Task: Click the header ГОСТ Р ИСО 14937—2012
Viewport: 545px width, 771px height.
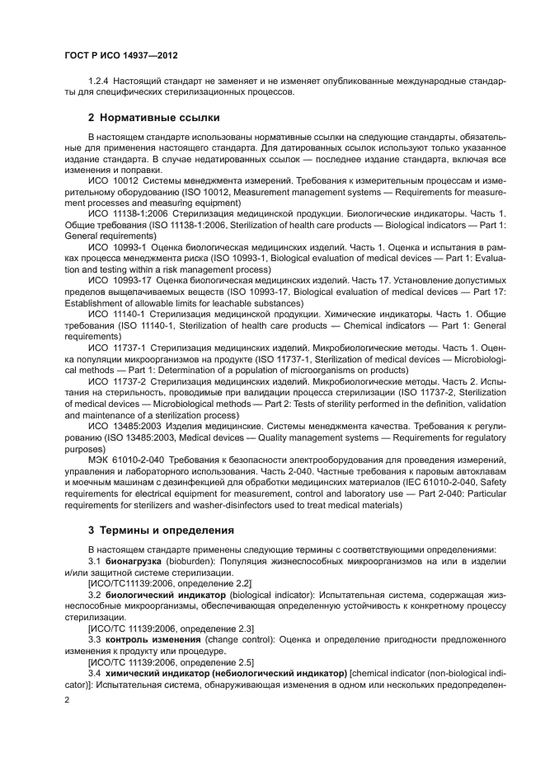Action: (121, 56)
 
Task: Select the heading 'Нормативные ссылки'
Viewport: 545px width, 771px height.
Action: (140, 116)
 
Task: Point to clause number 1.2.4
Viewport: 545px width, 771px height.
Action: (100, 82)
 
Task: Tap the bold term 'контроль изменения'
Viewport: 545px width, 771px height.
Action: (152, 638)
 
